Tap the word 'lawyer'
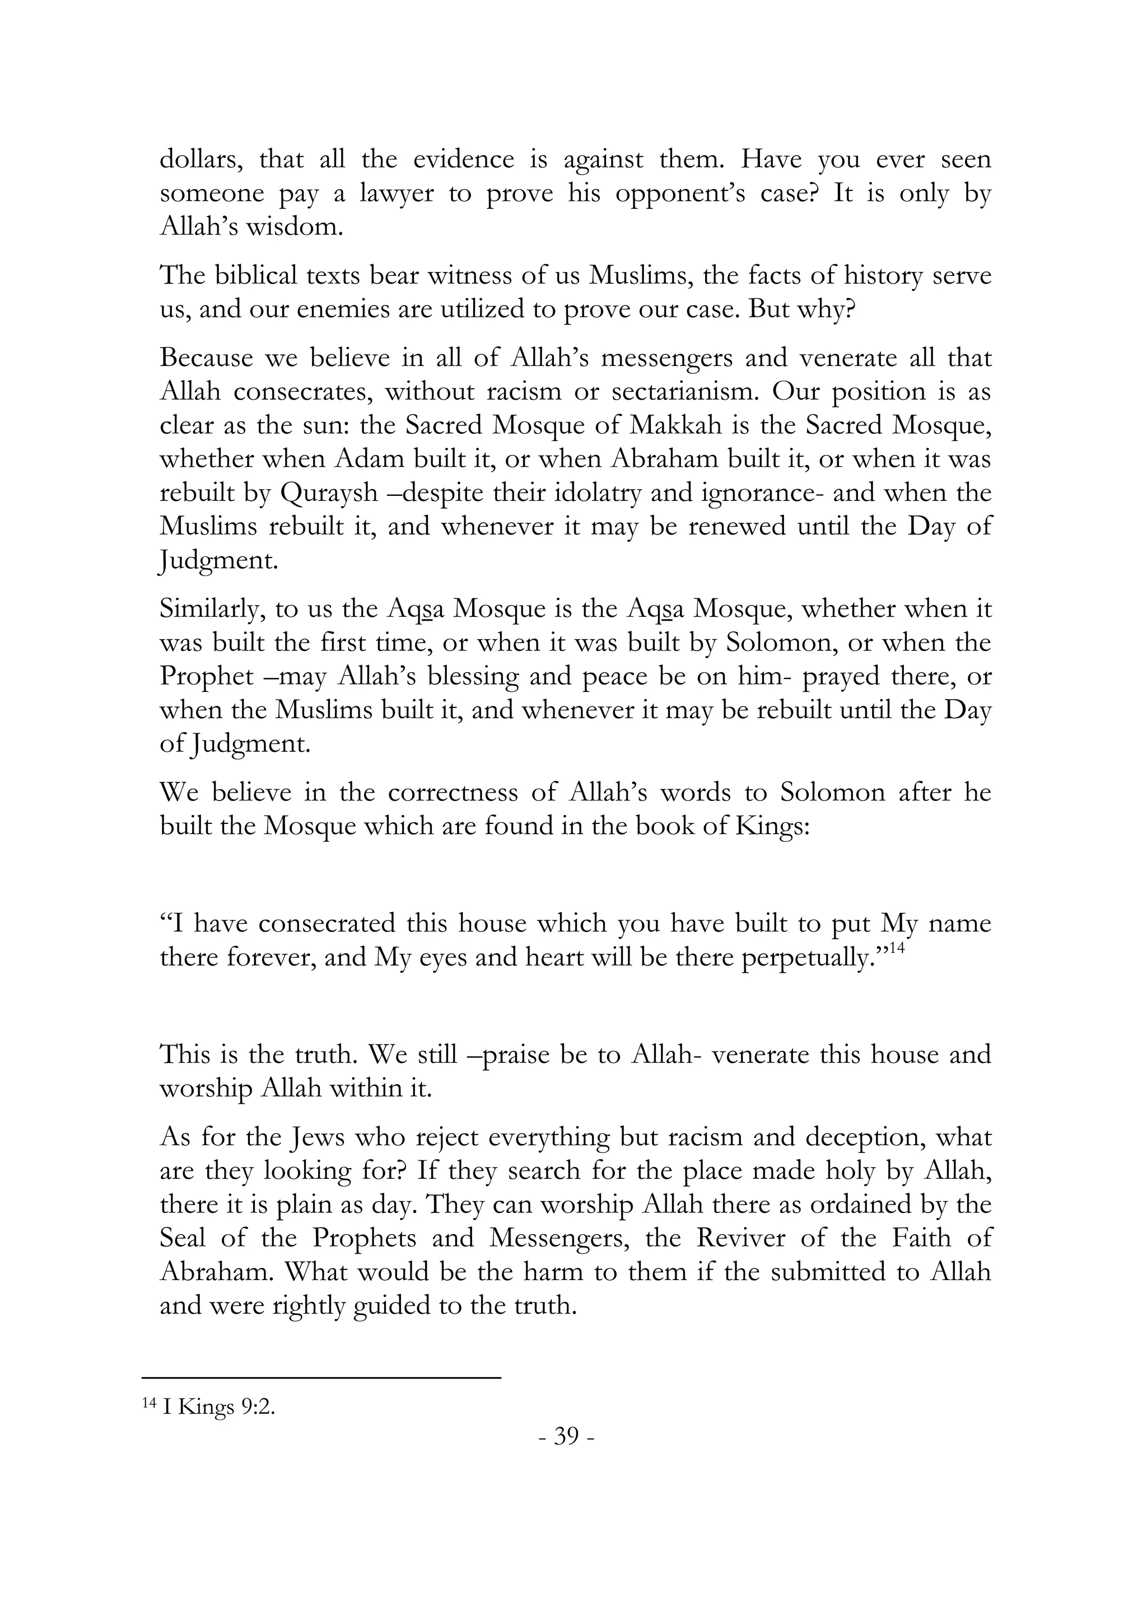[x=396, y=194]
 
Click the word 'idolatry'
[x=595, y=493]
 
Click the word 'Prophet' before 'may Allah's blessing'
[x=206, y=676]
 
